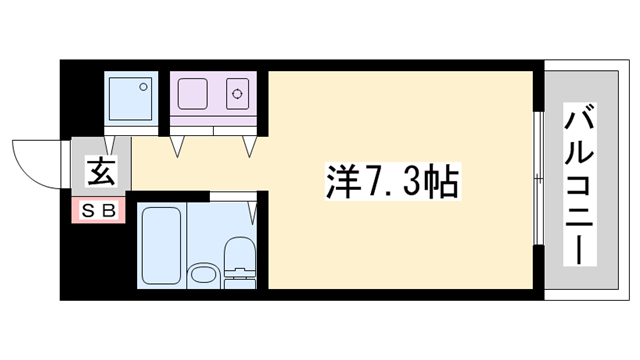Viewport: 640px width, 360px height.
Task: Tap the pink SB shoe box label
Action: pyautogui.click(x=98, y=211)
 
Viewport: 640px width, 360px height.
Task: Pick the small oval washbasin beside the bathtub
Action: pyautogui.click(x=203, y=274)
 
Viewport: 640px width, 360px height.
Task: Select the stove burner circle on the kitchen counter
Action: pyautogui.click(x=239, y=96)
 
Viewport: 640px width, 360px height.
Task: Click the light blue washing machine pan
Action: pyautogui.click(x=132, y=95)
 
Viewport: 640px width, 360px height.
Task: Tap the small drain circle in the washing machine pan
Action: pyautogui.click(x=147, y=83)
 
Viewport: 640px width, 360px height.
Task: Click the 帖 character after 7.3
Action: pyautogui.click(x=443, y=182)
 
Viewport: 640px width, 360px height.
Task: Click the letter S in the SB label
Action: pyautogui.click(x=88, y=211)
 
